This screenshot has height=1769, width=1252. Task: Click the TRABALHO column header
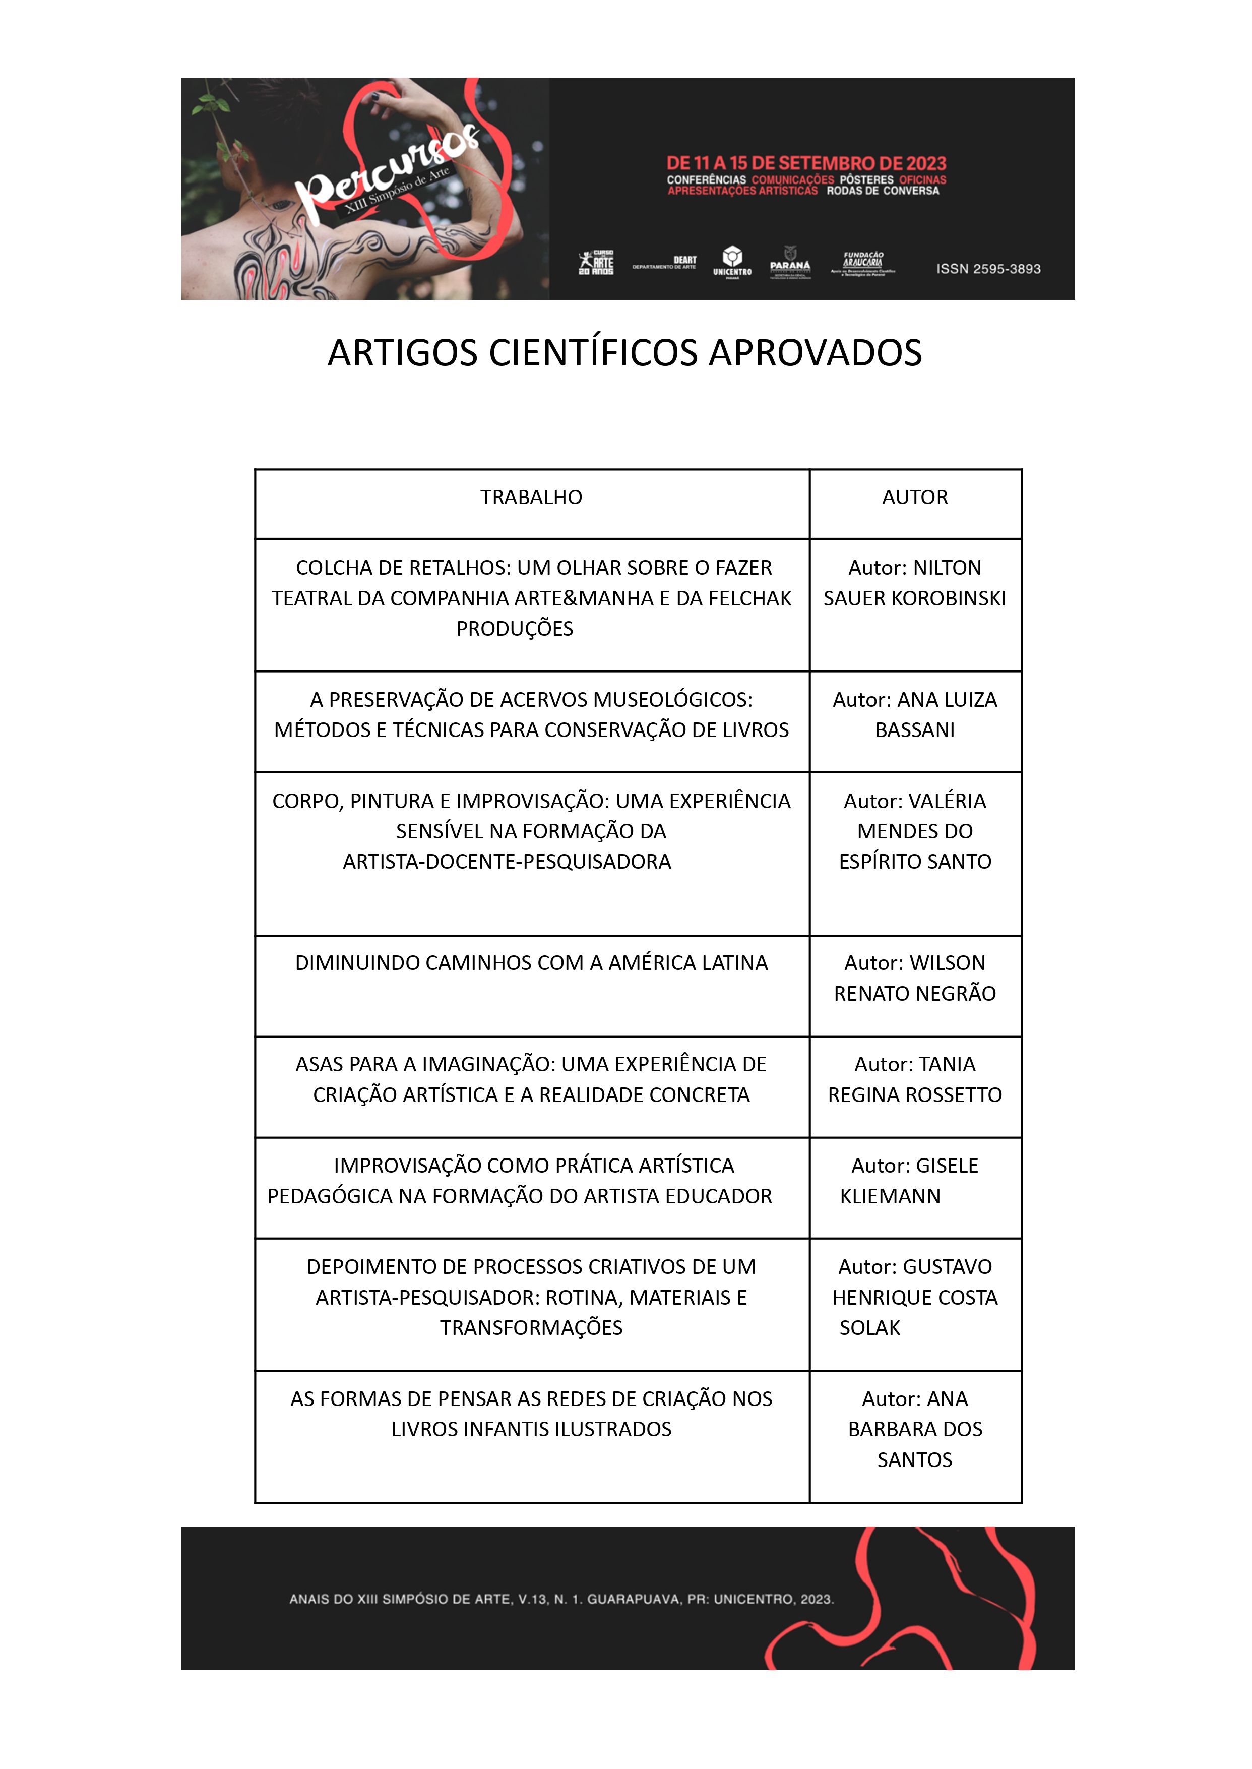(x=531, y=498)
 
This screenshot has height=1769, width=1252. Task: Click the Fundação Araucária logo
(x=863, y=262)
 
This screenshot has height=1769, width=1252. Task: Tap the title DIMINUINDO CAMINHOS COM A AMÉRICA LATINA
(x=531, y=963)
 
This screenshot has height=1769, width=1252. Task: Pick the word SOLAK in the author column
(x=869, y=1328)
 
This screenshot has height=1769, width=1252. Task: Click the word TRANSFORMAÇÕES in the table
(x=531, y=1328)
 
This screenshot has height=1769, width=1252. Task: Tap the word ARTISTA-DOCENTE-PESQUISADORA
(x=507, y=862)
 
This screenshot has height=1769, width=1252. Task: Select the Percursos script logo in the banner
(x=386, y=173)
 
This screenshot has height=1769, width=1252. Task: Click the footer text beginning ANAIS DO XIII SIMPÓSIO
(x=561, y=1599)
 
